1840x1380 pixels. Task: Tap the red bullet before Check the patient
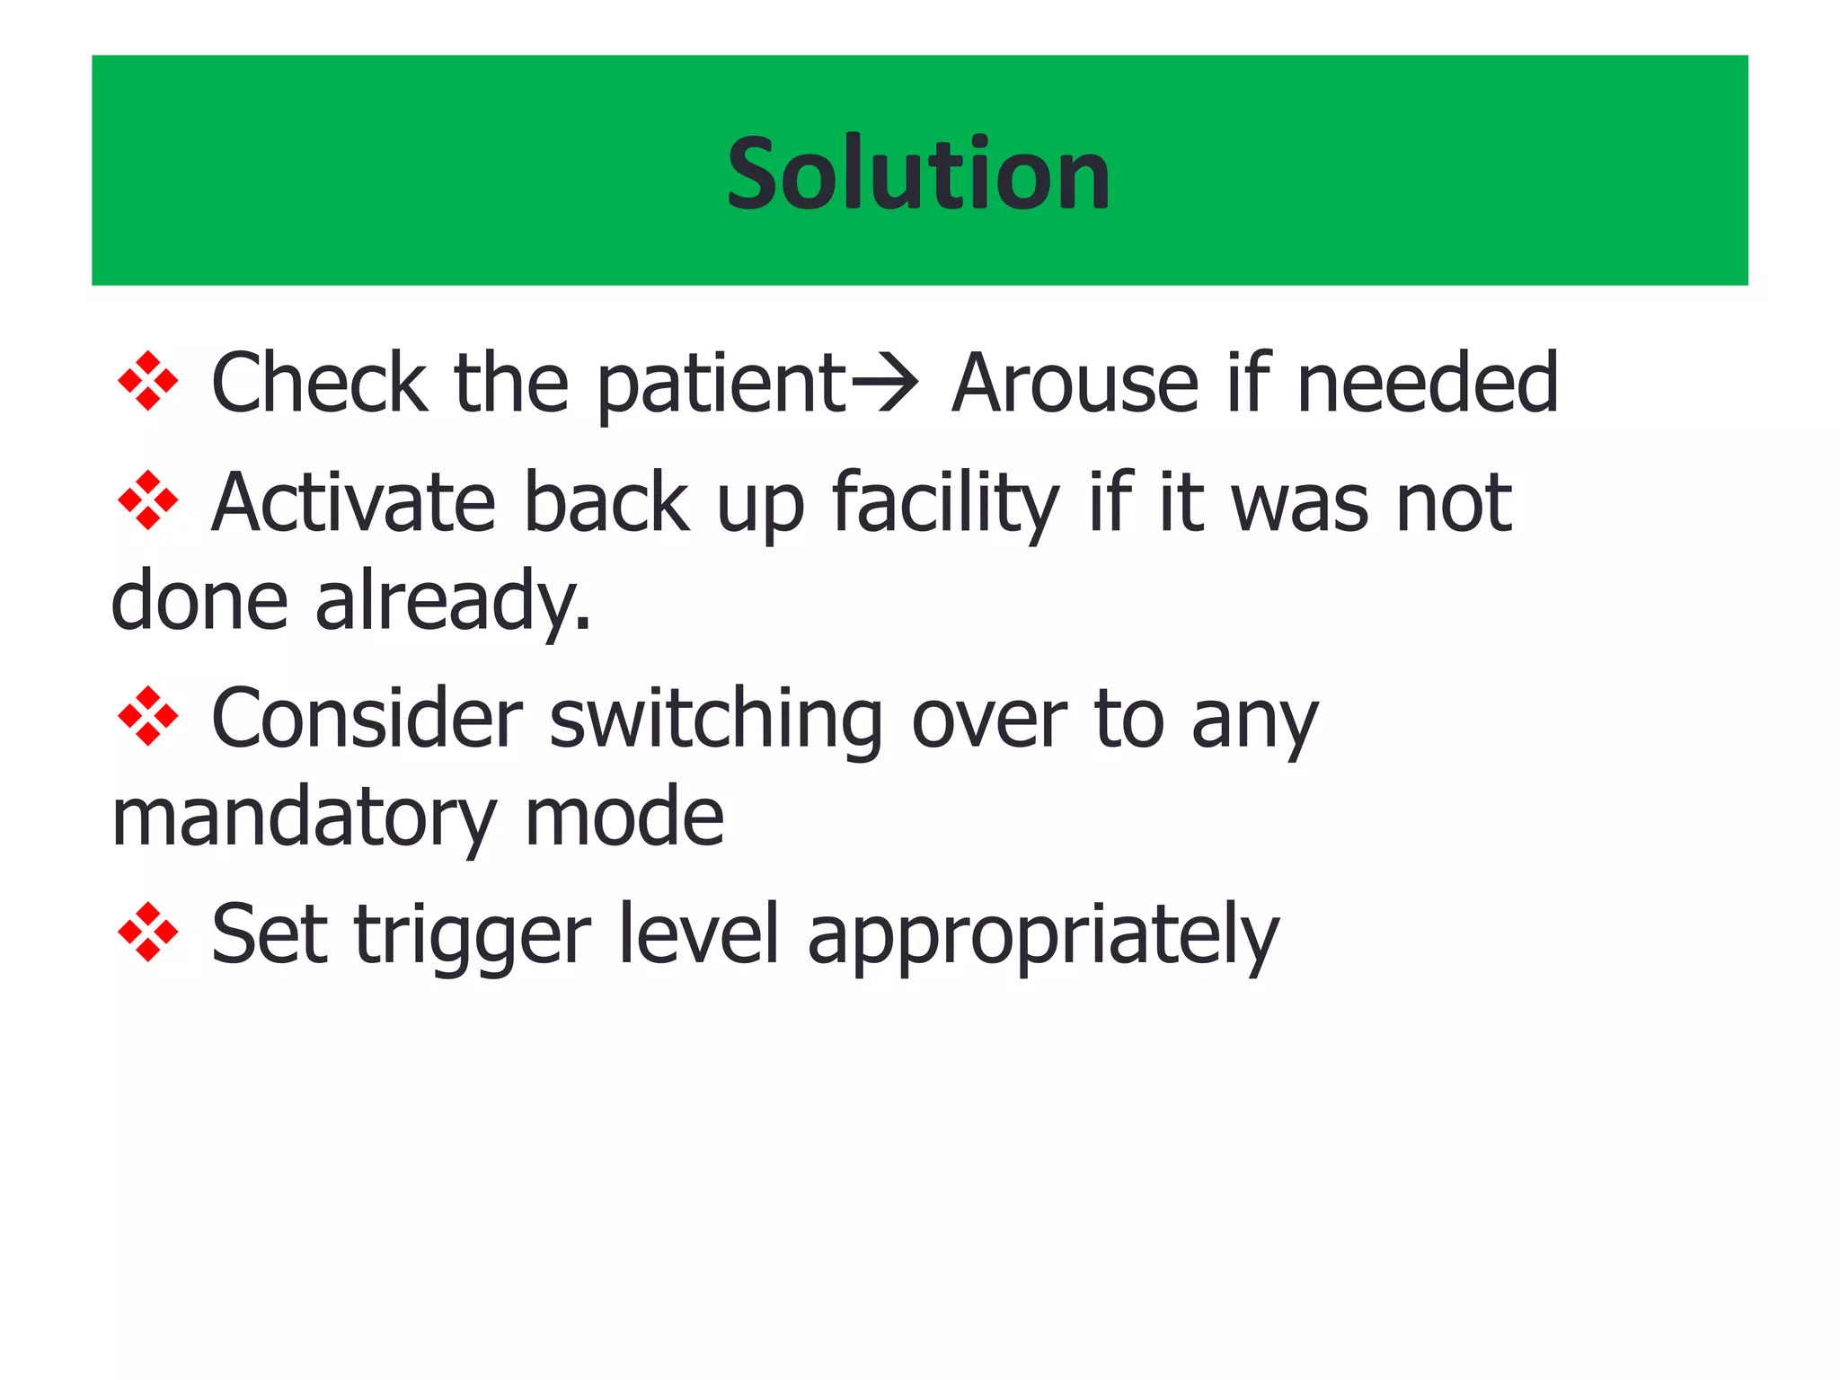(x=148, y=382)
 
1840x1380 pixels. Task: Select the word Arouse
(x=1075, y=384)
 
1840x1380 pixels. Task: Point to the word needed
(x=1428, y=384)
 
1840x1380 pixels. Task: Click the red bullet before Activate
(x=148, y=501)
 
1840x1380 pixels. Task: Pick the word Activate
(x=353, y=503)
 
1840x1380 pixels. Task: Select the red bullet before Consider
(x=148, y=717)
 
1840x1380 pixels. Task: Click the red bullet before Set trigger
(x=148, y=933)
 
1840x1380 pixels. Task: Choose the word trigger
(x=473, y=936)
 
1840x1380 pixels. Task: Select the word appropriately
(x=1043, y=936)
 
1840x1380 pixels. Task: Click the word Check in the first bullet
(x=318, y=384)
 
